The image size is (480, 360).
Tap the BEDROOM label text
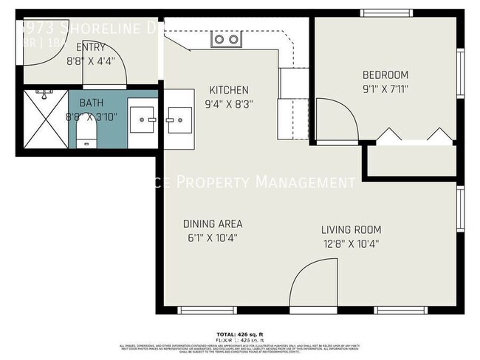point(385,75)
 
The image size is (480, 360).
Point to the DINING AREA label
point(213,224)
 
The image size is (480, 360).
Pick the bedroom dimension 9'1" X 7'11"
point(385,89)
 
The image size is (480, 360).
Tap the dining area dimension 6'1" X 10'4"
point(213,238)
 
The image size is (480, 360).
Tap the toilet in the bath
point(86,134)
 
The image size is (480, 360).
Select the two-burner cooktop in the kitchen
point(226,39)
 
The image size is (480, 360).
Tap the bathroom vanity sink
point(143,117)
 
